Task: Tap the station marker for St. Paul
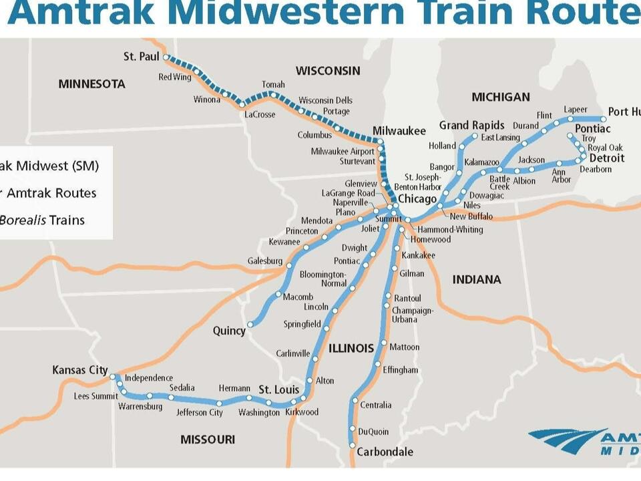(x=166, y=57)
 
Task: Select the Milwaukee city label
(x=399, y=131)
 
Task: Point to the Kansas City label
(x=80, y=370)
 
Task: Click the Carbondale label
(x=385, y=452)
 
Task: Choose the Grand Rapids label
(x=471, y=126)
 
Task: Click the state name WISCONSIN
(x=328, y=71)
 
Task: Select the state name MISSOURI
(x=208, y=440)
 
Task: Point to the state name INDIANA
(x=477, y=280)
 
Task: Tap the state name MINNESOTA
(x=91, y=84)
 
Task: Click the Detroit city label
(x=606, y=158)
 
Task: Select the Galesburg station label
(x=265, y=261)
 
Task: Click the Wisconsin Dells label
(x=325, y=100)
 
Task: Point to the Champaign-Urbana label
(x=413, y=315)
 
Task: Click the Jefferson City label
(x=200, y=413)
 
